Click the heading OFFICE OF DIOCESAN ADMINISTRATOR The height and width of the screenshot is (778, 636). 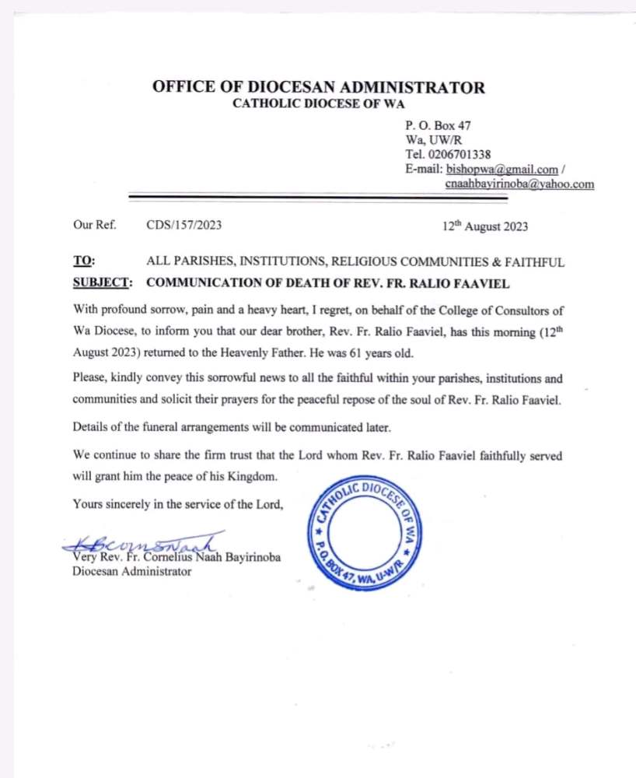pos(319,87)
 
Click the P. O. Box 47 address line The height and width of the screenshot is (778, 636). pos(438,125)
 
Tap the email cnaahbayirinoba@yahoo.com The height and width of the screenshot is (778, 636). pos(519,184)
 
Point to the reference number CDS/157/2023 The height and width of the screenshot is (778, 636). pos(184,226)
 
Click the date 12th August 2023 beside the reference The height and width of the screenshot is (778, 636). pos(485,226)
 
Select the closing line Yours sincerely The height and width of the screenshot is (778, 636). pos(178,504)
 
